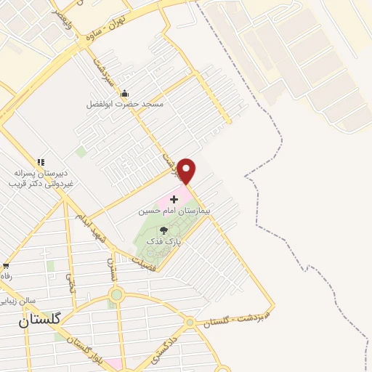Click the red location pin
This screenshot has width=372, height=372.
[187, 171]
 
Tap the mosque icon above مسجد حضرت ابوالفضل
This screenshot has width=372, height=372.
[124, 93]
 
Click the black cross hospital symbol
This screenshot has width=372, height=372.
[174, 198]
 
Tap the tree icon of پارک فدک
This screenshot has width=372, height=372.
[173, 230]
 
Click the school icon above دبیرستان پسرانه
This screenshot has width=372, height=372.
[41, 162]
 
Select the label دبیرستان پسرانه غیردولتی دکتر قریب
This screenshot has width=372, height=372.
[41, 179]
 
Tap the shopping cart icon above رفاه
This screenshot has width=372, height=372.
[6, 266]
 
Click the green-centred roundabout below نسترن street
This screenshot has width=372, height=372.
[116, 295]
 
